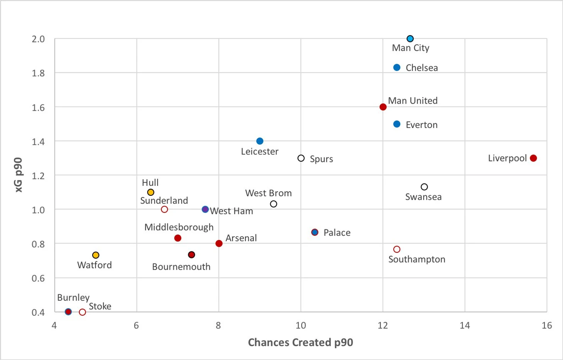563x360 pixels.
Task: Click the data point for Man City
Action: tap(410, 39)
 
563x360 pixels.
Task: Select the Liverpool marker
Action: tap(533, 158)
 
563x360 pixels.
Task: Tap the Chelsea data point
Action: tap(397, 67)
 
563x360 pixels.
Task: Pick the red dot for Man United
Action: tap(383, 107)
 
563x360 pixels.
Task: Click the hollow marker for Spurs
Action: tap(301, 158)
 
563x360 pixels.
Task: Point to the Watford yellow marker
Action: tap(96, 255)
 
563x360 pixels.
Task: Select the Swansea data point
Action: tap(424, 187)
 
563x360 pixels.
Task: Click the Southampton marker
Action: tap(397, 249)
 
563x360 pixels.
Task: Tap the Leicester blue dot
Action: tap(260, 141)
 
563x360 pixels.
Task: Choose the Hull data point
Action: tap(151, 192)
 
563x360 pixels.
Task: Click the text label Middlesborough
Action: tap(179, 227)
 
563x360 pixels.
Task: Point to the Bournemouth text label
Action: tap(181, 267)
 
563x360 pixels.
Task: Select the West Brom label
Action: tap(268, 193)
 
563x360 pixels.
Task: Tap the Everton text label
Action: tap(421, 125)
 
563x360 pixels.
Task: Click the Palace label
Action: tap(337, 233)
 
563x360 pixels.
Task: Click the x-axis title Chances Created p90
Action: tap(300, 342)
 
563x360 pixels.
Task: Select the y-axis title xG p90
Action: tap(19, 175)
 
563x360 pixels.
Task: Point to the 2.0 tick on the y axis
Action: tap(38, 39)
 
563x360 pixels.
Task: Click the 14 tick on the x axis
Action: tap(465, 326)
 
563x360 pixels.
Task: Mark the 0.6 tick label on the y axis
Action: tap(38, 278)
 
